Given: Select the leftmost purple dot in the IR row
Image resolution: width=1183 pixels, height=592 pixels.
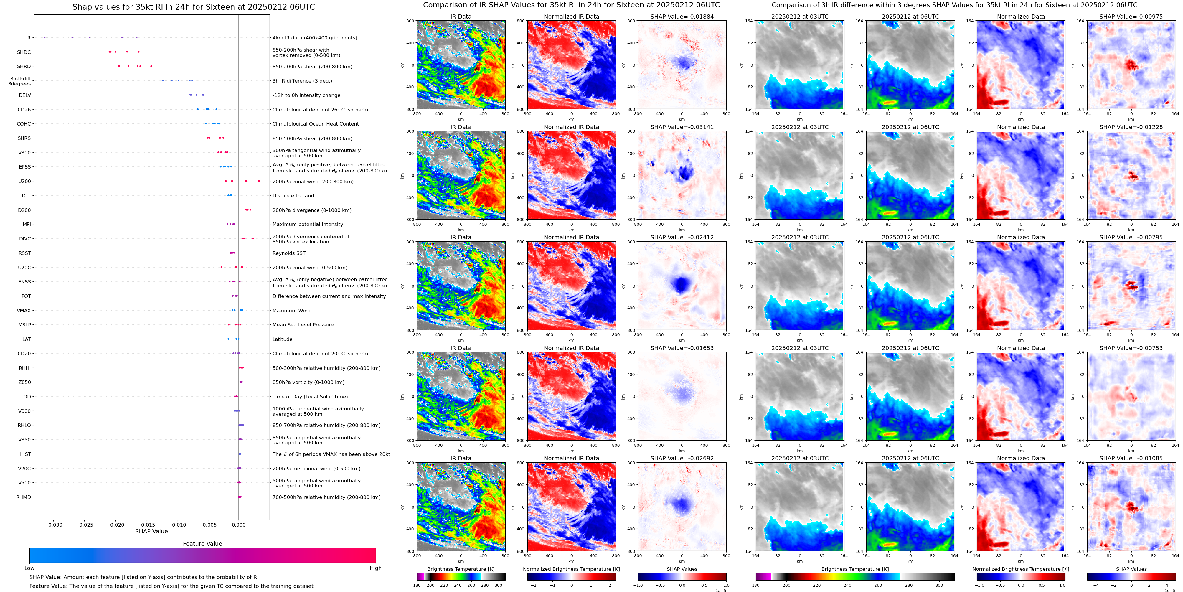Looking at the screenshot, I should pos(44,37).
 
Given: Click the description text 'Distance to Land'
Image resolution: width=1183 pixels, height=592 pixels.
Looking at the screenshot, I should pos(293,196).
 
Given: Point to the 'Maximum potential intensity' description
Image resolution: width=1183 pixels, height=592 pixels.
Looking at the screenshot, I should pos(308,225).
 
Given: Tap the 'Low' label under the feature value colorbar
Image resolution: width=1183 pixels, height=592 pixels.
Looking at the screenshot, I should pos(29,568).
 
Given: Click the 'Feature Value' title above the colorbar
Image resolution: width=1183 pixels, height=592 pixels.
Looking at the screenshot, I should pos(202,544).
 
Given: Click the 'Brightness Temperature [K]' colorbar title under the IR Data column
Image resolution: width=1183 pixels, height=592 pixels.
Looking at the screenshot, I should pos(461,569).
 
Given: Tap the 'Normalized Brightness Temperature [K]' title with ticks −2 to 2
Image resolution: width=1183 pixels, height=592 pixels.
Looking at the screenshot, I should pos(571,569).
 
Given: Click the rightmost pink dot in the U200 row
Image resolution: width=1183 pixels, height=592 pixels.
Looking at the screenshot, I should pos(259,181).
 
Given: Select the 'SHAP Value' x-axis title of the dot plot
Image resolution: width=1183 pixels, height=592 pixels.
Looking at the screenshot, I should pos(151,531).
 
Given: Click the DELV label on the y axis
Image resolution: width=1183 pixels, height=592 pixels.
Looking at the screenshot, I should pos(25,95).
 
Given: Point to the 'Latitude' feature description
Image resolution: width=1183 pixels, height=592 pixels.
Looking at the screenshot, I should pos(283,339).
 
